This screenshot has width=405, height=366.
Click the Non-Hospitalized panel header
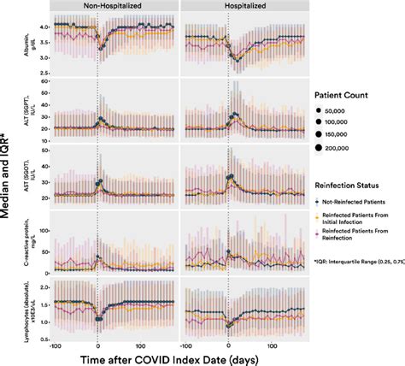pos(114,5)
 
